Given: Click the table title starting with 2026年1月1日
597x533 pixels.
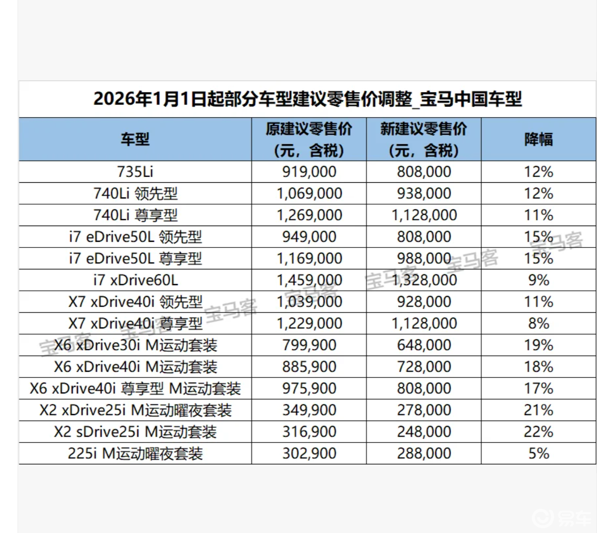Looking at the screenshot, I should click(308, 99).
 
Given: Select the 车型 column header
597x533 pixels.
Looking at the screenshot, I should click(135, 139).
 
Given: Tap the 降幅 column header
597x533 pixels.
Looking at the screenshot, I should click(539, 139).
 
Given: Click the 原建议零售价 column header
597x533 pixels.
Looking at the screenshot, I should click(309, 139).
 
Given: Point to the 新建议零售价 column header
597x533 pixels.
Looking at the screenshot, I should click(424, 139).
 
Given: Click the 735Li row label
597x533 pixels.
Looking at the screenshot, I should click(135, 172).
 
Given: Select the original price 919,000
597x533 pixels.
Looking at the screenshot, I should click(309, 172).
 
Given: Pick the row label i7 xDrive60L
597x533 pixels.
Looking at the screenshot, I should click(135, 280).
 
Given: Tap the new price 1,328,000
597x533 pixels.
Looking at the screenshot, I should click(424, 280).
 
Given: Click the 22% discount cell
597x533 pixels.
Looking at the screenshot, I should click(539, 432).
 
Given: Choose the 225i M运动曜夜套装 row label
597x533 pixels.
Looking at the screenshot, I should click(135, 454).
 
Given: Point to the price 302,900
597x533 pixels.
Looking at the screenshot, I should click(309, 454).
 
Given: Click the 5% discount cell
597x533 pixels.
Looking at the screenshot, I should click(539, 454).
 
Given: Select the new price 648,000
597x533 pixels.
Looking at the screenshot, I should click(424, 345).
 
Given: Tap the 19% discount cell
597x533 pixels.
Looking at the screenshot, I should click(539, 345).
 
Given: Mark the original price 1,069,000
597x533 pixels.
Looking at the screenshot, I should click(309, 194).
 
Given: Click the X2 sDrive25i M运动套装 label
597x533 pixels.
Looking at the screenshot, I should click(135, 432).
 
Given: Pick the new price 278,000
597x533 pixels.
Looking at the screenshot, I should click(424, 410).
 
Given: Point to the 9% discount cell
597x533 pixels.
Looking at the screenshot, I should click(539, 280).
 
